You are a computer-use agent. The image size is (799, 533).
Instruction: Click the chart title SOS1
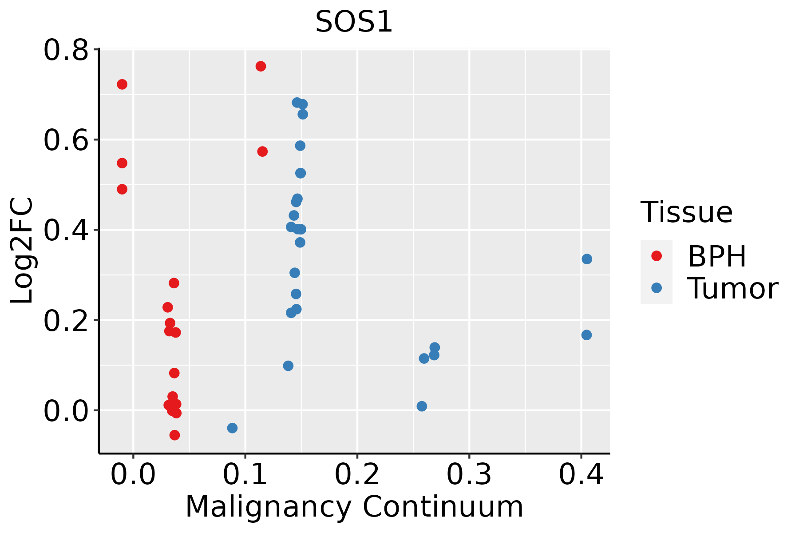coord(354,22)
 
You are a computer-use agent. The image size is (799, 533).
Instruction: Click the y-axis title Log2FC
coord(22,251)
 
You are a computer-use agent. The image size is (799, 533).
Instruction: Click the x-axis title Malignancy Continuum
coord(354,507)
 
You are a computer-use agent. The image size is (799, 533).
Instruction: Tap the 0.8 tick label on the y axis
coord(66,50)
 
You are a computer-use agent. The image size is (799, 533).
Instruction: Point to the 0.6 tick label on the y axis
coord(66,140)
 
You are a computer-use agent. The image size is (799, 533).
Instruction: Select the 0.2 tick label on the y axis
coord(66,321)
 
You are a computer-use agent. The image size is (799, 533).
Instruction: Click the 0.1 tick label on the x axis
coord(245,475)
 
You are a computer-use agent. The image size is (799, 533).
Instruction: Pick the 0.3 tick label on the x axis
coord(469,475)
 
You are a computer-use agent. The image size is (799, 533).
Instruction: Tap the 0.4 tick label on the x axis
coord(581,475)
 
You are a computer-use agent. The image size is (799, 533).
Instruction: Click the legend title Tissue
coord(686,212)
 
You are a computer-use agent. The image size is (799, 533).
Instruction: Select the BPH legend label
coord(717,256)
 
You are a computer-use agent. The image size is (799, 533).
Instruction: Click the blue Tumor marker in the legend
coord(656,288)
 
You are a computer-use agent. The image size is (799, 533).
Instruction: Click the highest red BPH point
coord(261,66)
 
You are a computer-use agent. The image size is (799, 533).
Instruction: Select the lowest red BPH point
coord(174,435)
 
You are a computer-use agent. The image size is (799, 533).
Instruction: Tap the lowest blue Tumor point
coord(232,428)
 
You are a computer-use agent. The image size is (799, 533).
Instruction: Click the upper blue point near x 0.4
coord(587,259)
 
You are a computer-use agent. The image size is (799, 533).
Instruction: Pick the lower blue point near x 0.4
coord(586,335)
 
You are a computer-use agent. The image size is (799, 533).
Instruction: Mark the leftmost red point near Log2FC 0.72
coord(122,84)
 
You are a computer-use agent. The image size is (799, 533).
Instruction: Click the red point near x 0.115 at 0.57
coord(262,151)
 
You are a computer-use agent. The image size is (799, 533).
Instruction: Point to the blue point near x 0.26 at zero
coord(422,406)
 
